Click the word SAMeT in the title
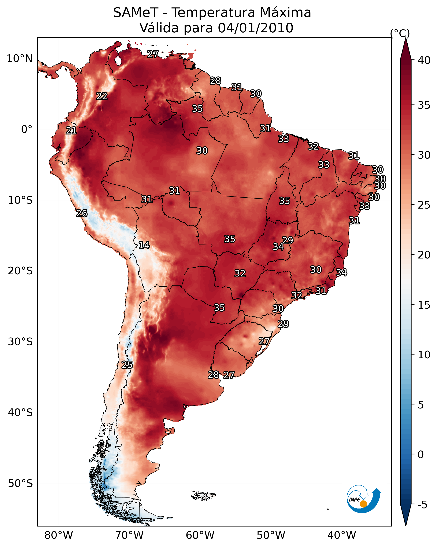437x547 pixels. point(136,13)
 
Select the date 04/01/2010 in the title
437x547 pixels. point(255,28)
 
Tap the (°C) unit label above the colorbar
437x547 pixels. point(400,33)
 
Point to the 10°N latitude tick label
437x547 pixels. point(19,59)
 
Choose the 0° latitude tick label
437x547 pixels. point(27,129)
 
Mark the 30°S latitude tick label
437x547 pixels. point(20,342)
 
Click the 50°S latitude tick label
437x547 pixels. point(20,484)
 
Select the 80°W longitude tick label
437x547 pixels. point(59,535)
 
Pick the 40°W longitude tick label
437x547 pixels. point(342,535)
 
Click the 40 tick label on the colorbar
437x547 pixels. point(424,60)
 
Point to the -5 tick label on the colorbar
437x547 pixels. point(423,505)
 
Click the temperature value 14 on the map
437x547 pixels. point(144,245)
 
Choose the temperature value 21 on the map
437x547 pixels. point(71,131)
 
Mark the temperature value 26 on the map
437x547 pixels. point(82,214)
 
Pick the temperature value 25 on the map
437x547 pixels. point(127,365)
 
